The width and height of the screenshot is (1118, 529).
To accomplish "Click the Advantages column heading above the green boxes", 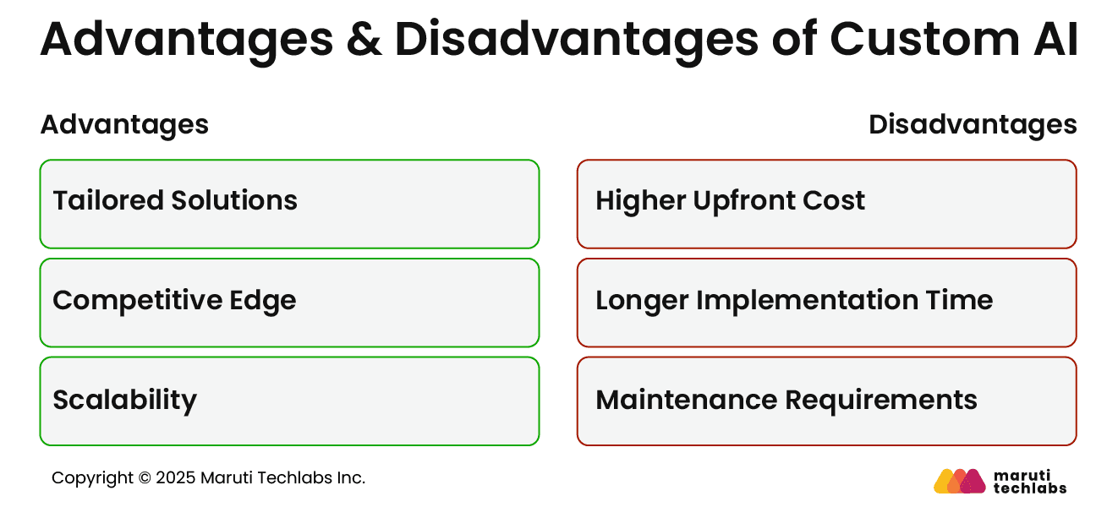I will [124, 125].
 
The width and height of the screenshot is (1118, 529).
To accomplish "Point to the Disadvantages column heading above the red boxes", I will [973, 125].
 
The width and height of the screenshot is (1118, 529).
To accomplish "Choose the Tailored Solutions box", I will [289, 204].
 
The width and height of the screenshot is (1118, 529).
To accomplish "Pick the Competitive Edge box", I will [289, 303].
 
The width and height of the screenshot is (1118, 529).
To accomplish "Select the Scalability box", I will [289, 401].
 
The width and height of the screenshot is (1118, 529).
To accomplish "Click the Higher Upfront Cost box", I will [826, 204].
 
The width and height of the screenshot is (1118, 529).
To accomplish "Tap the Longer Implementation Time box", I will [826, 303].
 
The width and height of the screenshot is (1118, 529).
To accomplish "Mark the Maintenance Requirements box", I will [826, 401].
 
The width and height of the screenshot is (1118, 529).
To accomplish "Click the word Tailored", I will [107, 201].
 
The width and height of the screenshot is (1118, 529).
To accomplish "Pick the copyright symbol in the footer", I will [144, 478].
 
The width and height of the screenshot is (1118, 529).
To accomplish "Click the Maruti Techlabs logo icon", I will [959, 481].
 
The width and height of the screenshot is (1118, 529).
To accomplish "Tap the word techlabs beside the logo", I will [1030, 488].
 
